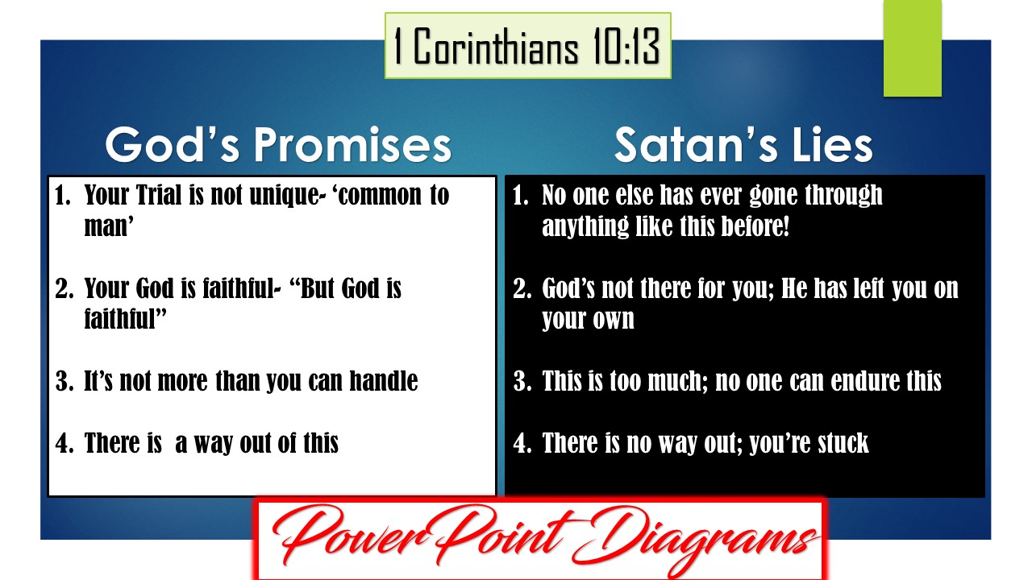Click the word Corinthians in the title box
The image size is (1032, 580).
coord(496,46)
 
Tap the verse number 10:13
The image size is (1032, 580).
coord(626,46)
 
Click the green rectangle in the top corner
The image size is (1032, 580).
coord(912,48)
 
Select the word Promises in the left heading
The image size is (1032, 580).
coord(352,144)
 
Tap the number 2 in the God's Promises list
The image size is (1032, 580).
coord(64,288)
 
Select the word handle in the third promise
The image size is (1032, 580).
coord(383,381)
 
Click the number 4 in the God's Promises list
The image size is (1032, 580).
coord(64,443)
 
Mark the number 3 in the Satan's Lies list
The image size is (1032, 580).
coord(522,381)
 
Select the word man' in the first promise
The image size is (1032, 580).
coord(109,226)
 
